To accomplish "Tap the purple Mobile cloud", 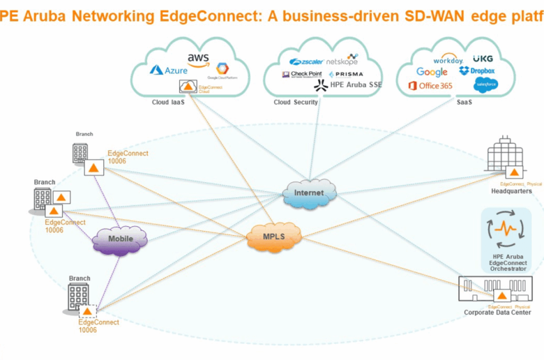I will (120, 239).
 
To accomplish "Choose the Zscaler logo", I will (305, 62).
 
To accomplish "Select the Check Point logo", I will (301, 75).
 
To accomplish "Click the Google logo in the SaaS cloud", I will (432, 72).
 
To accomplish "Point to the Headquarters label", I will (511, 191).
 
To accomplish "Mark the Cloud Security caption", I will (296, 102).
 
